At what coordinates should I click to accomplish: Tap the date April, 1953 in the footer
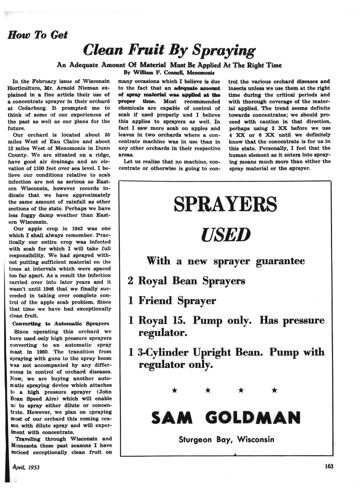26,467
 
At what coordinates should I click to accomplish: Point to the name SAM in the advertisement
172,417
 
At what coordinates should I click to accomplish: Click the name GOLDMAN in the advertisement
253,417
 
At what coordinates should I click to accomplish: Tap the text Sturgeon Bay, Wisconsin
226,439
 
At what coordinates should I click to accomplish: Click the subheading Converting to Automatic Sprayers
61,324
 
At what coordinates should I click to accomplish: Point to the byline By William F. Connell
160,72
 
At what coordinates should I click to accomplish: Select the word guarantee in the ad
280,261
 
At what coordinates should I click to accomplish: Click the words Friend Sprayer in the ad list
177,300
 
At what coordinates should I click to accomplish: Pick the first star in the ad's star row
174,390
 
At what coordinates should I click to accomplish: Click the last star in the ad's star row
274,390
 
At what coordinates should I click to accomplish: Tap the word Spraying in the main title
224,50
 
